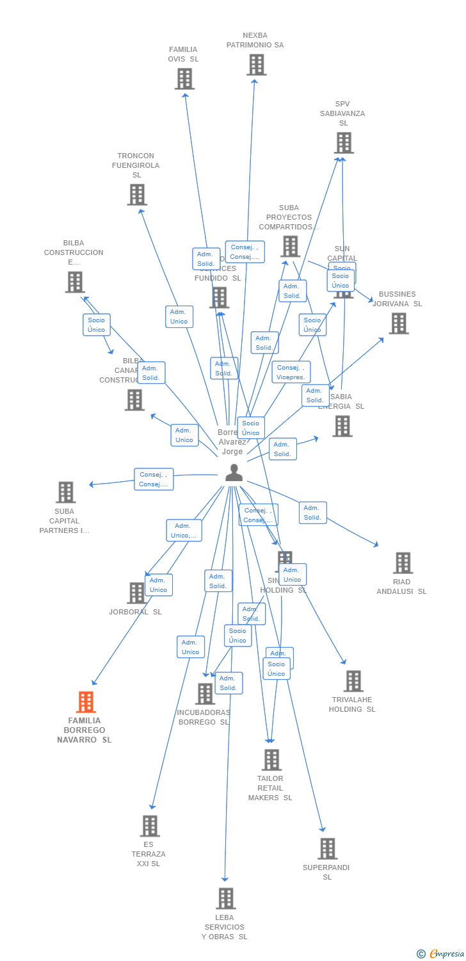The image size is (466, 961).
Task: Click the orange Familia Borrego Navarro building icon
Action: tap(86, 702)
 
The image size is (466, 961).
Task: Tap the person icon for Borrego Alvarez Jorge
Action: tap(234, 473)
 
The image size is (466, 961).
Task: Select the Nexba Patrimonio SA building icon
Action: tap(256, 65)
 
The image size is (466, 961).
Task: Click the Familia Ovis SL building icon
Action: tap(184, 79)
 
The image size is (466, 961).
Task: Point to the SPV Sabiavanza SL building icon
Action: tap(344, 143)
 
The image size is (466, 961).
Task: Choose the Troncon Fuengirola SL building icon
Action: tap(136, 195)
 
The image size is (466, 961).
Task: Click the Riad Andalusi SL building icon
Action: tap(403, 563)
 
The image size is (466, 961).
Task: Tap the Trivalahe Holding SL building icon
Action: tap(353, 681)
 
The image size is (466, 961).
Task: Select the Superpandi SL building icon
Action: tap(327, 849)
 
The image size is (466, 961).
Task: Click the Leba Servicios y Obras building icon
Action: tap(225, 899)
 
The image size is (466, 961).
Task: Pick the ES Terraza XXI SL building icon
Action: tap(149, 826)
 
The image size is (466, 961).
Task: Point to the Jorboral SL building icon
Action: tap(136, 593)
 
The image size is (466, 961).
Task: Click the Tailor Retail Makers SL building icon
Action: tap(271, 760)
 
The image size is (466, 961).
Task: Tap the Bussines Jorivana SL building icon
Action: tap(398, 324)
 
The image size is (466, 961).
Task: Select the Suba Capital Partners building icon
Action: tap(65, 493)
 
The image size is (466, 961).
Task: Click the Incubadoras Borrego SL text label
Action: tap(203, 718)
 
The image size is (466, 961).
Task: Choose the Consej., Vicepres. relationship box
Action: tap(291, 372)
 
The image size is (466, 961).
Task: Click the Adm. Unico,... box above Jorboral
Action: tap(184, 530)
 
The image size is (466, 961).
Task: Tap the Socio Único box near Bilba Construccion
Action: tap(96, 325)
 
